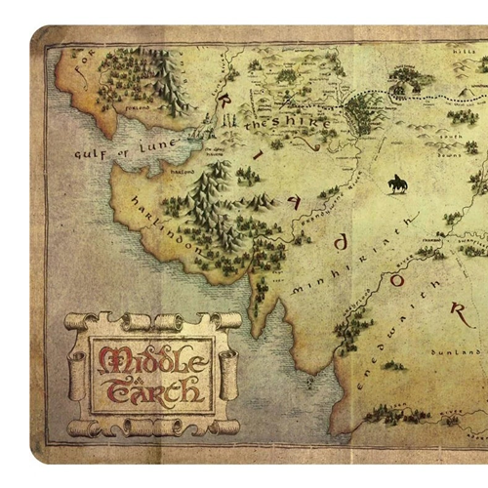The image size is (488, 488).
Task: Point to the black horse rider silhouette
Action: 398,183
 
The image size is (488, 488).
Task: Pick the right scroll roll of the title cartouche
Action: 230,377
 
